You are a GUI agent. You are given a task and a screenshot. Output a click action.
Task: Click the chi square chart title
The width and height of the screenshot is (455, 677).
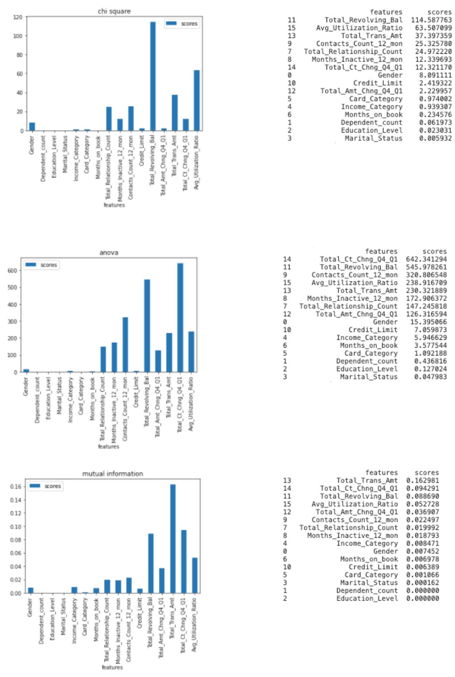pyautogui.click(x=114, y=11)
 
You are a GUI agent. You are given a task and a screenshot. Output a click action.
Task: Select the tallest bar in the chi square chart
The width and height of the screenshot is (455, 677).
pyautogui.click(x=153, y=76)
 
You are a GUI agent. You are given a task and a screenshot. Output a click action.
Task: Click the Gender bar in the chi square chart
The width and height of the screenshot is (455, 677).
pyautogui.click(x=32, y=127)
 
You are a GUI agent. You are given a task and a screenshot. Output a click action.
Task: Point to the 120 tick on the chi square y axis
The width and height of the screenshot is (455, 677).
pyautogui.click(x=17, y=17)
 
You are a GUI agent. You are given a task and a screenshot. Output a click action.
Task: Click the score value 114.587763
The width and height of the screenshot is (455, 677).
pyautogui.click(x=431, y=20)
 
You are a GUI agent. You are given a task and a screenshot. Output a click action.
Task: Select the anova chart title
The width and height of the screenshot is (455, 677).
pyautogui.click(x=109, y=252)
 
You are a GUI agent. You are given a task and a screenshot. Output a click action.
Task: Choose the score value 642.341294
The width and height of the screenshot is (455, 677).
pyautogui.click(x=426, y=259)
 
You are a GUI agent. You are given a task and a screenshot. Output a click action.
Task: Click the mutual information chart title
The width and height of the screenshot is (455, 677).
pyautogui.click(x=113, y=473)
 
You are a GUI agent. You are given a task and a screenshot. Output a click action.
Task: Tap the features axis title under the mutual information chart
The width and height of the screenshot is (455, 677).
pyautogui.click(x=112, y=667)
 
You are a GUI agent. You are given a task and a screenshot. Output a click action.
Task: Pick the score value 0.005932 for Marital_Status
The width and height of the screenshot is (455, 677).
pyautogui.click(x=435, y=138)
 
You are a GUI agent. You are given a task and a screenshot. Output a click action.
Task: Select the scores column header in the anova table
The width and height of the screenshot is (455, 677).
pyautogui.click(x=434, y=252)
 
